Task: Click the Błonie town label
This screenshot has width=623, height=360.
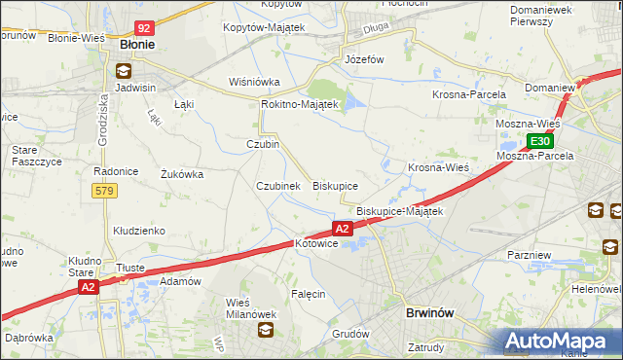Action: (137, 45)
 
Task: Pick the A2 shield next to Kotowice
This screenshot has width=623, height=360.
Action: (342, 229)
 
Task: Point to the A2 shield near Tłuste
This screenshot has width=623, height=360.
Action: (89, 287)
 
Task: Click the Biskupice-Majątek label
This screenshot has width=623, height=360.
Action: (399, 211)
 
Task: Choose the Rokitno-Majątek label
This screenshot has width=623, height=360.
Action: (299, 104)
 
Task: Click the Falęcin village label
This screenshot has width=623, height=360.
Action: (308, 293)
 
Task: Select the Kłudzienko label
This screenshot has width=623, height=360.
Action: (138, 231)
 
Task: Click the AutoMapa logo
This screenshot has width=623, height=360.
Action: (563, 341)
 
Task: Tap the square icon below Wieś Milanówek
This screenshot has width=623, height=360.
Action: (265, 331)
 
